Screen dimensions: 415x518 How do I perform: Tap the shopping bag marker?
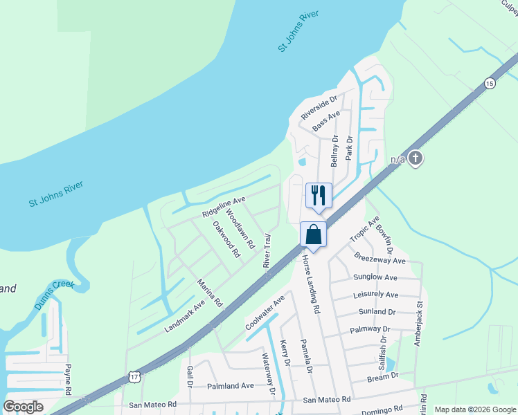pos(313,234)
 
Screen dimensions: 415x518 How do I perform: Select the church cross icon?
pos(415,158)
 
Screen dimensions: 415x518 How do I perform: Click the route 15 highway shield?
pos(490,83)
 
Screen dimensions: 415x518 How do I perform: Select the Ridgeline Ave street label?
pos(224,206)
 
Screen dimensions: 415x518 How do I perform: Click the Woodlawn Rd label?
pos(240,230)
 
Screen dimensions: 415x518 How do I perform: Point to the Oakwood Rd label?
pos(226,239)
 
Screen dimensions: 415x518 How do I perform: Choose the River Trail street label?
pos(267,250)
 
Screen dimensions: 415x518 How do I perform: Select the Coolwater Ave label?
pos(265,313)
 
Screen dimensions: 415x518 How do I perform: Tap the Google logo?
pos(23,407)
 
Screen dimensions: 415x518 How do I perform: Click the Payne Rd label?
pos(69,380)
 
